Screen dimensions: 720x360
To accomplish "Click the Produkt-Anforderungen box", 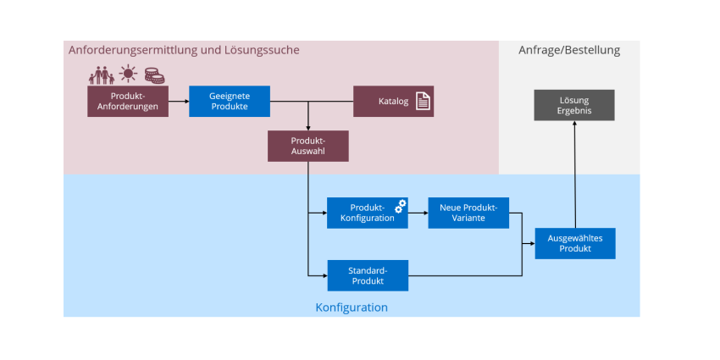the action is [x=128, y=101].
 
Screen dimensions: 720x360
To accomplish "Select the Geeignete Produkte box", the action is [x=230, y=101].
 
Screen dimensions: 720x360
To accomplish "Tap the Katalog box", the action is [x=393, y=101].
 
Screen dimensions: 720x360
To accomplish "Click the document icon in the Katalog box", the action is [x=423, y=101].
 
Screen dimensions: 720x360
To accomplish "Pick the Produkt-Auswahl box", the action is [x=308, y=146].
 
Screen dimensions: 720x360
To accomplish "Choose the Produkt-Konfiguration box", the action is [x=368, y=213].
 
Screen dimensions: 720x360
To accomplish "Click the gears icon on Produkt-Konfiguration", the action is [x=401, y=206].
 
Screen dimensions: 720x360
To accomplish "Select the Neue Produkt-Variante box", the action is [x=468, y=213].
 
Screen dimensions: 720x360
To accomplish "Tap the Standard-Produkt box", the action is [x=368, y=275].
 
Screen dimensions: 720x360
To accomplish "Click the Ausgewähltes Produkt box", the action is [x=575, y=243].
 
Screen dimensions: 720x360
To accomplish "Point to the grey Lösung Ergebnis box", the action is [x=574, y=105].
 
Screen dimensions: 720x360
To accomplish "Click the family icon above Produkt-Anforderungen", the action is [x=102, y=75].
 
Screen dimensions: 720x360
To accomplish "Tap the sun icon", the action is [x=128, y=74].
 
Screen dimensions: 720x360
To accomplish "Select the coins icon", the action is [x=154, y=75].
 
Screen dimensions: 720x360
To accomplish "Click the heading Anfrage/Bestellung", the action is [x=569, y=50].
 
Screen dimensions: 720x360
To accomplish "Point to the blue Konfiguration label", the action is [x=352, y=307].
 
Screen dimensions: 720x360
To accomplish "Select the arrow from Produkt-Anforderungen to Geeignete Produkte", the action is [x=179, y=101].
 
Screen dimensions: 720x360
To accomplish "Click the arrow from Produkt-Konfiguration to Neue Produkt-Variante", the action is [x=418, y=213].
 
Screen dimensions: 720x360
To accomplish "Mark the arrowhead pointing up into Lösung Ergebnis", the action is [x=574, y=124].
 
